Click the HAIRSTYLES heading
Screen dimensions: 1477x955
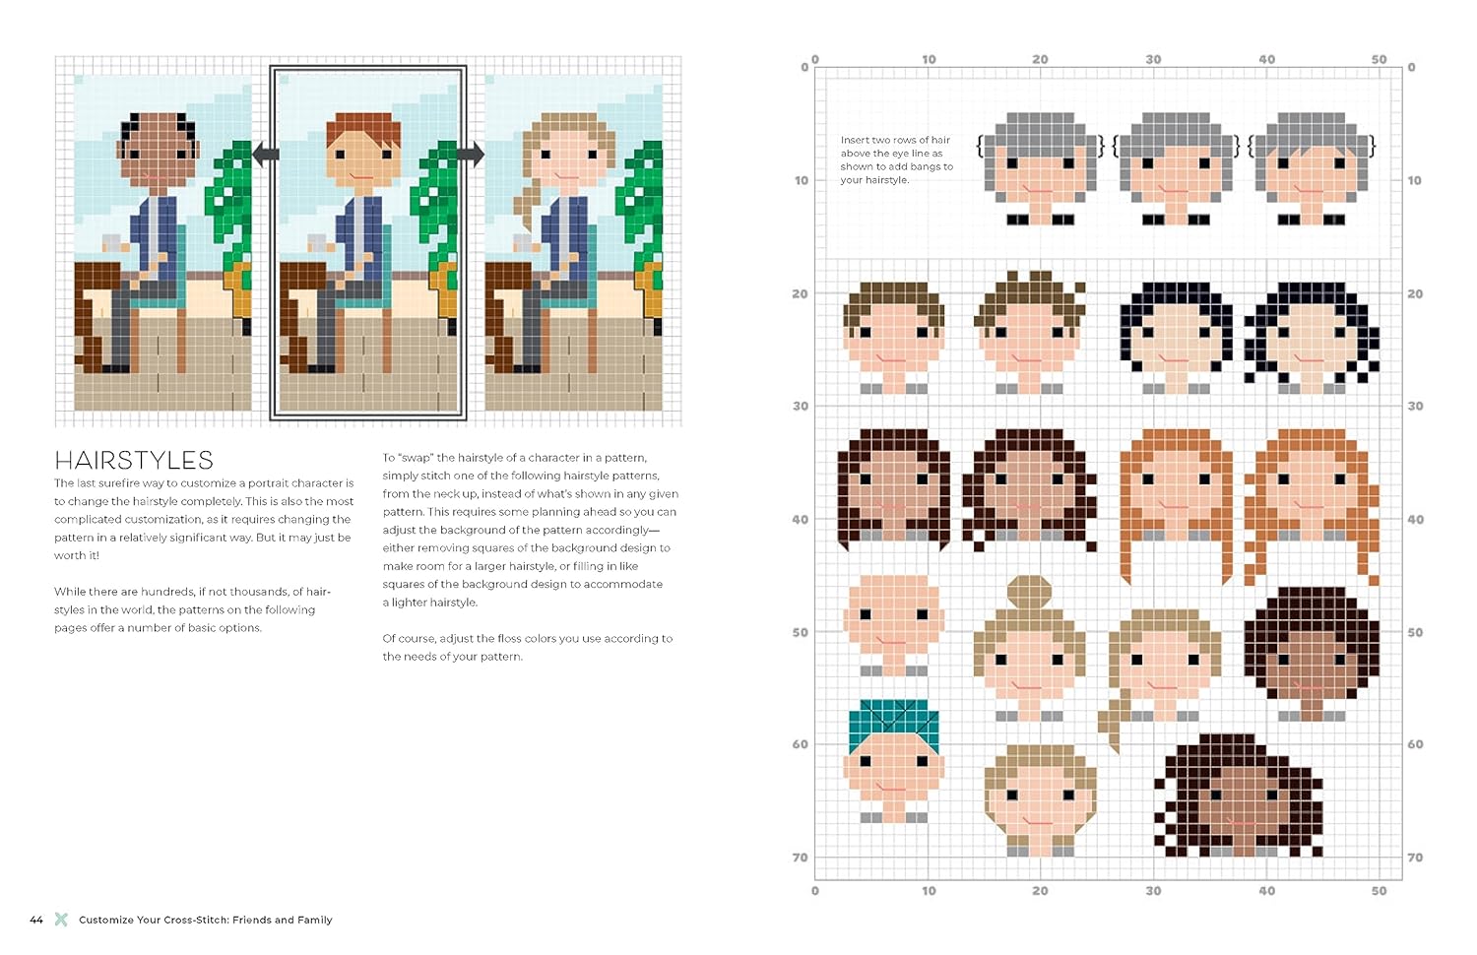[134, 460]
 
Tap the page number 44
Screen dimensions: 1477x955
[36, 920]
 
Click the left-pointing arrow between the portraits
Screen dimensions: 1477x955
[266, 155]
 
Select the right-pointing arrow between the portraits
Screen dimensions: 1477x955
[470, 155]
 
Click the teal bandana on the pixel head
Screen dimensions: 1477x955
[893, 722]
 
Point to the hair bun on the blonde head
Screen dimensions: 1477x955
[1029, 592]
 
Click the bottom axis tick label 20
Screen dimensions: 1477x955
[1040, 891]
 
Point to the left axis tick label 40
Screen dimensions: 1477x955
[800, 520]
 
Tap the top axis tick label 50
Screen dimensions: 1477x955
[1379, 59]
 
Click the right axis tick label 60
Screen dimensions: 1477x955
[1415, 744]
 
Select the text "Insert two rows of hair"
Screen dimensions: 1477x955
[895, 140]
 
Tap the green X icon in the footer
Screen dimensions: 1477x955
[61, 920]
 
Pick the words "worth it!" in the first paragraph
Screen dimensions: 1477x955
[77, 555]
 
